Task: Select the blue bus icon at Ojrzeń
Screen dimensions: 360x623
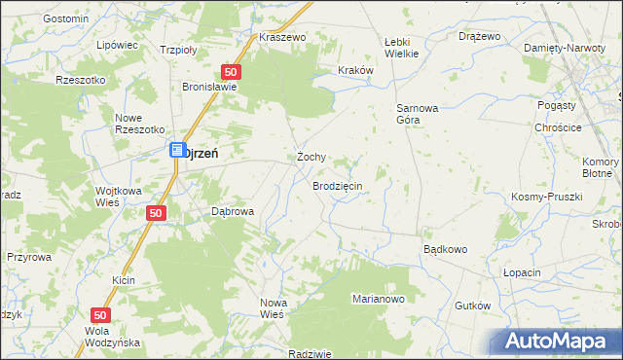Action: click(x=177, y=151)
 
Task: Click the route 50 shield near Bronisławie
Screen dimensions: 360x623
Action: click(x=231, y=72)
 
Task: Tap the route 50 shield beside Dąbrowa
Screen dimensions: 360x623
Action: click(x=155, y=212)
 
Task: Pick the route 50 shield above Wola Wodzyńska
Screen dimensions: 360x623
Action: click(x=101, y=315)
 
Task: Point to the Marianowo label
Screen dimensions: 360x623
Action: click(x=378, y=299)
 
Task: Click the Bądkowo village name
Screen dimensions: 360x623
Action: click(x=445, y=249)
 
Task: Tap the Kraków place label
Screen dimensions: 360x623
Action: click(x=354, y=70)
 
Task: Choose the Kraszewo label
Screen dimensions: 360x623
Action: click(x=282, y=37)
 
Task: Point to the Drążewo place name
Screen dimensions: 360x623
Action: click(x=479, y=36)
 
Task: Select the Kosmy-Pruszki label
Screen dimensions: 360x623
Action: click(x=546, y=197)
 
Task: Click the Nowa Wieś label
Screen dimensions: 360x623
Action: click(x=272, y=308)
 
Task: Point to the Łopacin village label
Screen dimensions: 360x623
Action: click(x=522, y=273)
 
